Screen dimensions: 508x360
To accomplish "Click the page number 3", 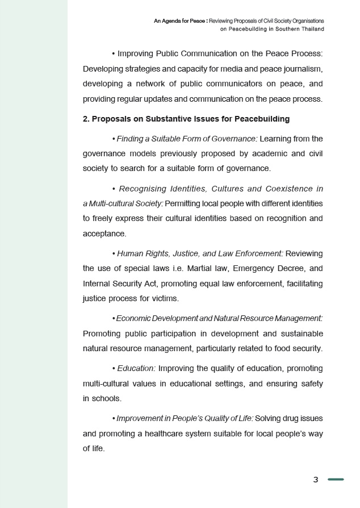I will click(316, 480).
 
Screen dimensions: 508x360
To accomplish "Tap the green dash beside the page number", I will click(336, 480).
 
